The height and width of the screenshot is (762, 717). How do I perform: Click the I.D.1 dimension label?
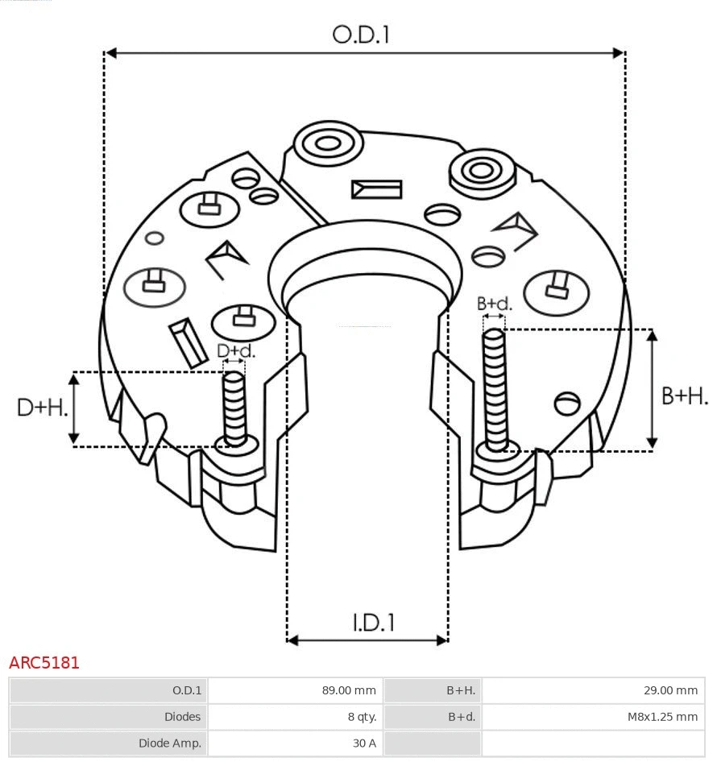tap(373, 622)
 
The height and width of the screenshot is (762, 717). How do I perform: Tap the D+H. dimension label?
tap(41, 408)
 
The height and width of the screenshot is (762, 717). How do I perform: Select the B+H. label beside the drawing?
tap(684, 396)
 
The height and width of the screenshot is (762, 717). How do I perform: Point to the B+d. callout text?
tap(494, 304)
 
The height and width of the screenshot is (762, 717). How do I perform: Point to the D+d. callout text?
tap(235, 350)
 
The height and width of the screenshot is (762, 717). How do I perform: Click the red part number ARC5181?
tap(44, 663)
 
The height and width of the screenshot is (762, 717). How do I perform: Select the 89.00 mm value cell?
tap(347, 690)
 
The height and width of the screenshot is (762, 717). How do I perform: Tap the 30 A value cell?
tap(363, 743)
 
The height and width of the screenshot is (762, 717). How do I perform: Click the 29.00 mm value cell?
tap(669, 690)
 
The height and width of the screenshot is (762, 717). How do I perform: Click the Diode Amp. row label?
tap(170, 743)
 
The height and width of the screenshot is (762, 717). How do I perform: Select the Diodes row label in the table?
tap(182, 716)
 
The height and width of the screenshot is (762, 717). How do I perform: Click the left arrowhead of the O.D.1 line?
tap(110, 53)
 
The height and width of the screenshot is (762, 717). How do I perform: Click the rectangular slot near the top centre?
tap(376, 189)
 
